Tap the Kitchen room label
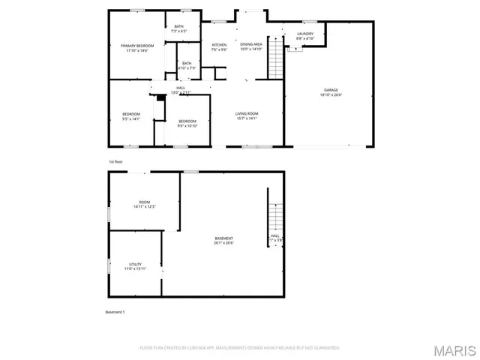click(x=219, y=45)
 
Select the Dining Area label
click(x=251, y=45)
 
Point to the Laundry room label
click(x=304, y=34)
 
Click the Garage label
click(x=331, y=90)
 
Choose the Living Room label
click(x=247, y=113)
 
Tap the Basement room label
click(x=223, y=238)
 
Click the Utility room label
click(x=135, y=264)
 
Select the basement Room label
click(x=144, y=202)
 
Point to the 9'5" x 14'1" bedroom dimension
click(x=131, y=118)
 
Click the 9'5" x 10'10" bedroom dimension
click(x=187, y=126)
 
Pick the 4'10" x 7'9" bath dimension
click(x=187, y=68)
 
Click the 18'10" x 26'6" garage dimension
click(x=331, y=95)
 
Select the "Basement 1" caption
click(x=115, y=312)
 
